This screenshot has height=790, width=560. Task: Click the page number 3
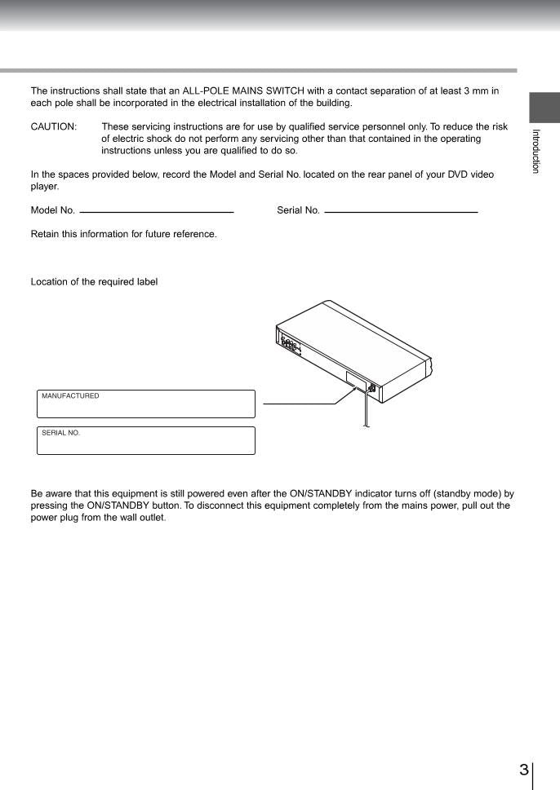[523, 770]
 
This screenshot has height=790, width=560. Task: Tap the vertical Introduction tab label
[536, 151]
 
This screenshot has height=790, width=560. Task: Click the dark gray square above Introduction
[544, 106]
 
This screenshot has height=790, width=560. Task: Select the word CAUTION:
[54, 127]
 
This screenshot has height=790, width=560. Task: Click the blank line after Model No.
[157, 212]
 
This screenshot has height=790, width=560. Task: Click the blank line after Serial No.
[400, 212]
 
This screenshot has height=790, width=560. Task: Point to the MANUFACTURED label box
[146, 404]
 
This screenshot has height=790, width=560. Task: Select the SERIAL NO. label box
[146, 440]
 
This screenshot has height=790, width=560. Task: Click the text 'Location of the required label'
[94, 282]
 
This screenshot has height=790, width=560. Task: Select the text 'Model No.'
[53, 210]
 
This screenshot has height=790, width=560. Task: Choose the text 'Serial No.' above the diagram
[298, 210]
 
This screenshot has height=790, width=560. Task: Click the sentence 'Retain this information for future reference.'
[123, 234]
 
